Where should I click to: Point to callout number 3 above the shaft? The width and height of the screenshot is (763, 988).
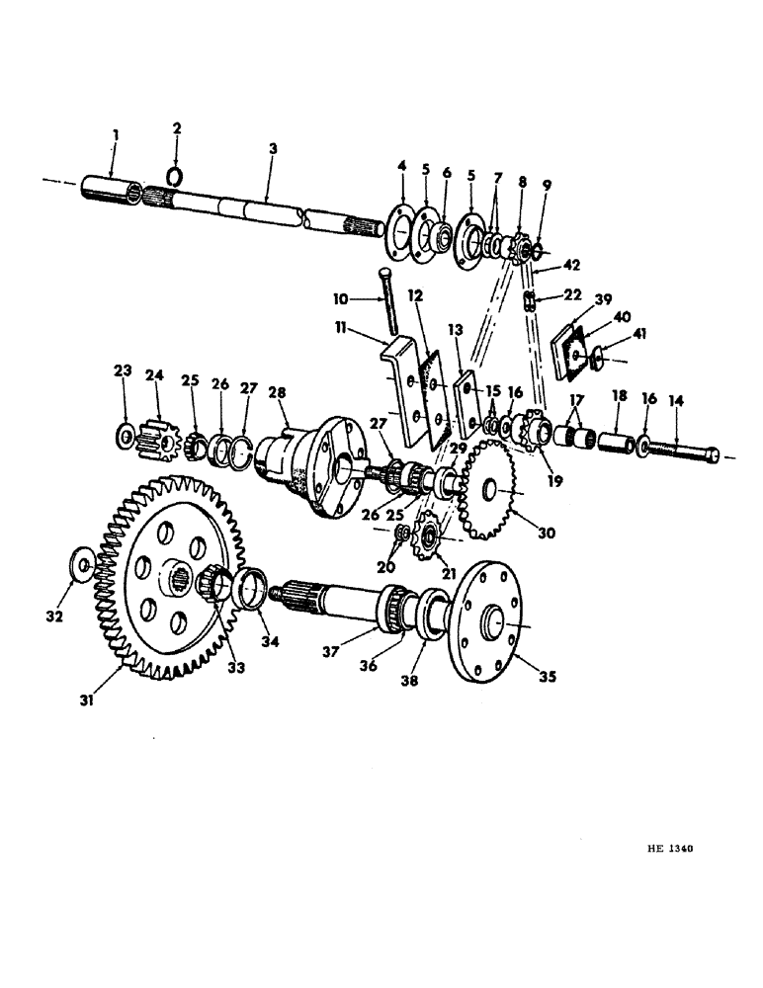272,148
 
